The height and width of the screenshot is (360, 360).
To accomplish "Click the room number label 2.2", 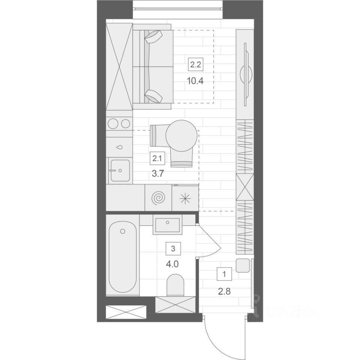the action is [x=196, y=64].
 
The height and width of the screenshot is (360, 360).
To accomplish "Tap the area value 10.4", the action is [x=195, y=81].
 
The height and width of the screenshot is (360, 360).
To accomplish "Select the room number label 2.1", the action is [x=157, y=158].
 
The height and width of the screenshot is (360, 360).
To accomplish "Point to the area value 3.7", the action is [x=158, y=174].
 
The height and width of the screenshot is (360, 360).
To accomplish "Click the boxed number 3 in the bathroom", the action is [x=173, y=248].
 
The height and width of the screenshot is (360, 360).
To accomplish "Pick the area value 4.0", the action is [x=172, y=264].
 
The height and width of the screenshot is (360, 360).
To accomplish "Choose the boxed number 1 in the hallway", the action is [x=224, y=274].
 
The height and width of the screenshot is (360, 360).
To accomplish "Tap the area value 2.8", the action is [x=224, y=292].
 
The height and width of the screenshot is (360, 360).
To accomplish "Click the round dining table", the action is [x=181, y=136].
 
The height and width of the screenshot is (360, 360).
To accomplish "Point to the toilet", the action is [x=175, y=285].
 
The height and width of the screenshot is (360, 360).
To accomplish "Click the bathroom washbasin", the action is [x=167, y=225].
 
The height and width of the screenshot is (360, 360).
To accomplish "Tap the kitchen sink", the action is [x=120, y=170].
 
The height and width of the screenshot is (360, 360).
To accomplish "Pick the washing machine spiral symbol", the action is [x=158, y=198].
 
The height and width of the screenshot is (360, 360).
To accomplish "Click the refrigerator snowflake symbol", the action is [x=185, y=198].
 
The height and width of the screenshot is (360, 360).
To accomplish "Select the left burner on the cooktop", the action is [x=113, y=124].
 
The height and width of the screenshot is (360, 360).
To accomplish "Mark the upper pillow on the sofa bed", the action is [x=154, y=36].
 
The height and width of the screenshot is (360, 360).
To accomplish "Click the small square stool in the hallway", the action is [x=243, y=265].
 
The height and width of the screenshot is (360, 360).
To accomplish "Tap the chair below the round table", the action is [x=181, y=157].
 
